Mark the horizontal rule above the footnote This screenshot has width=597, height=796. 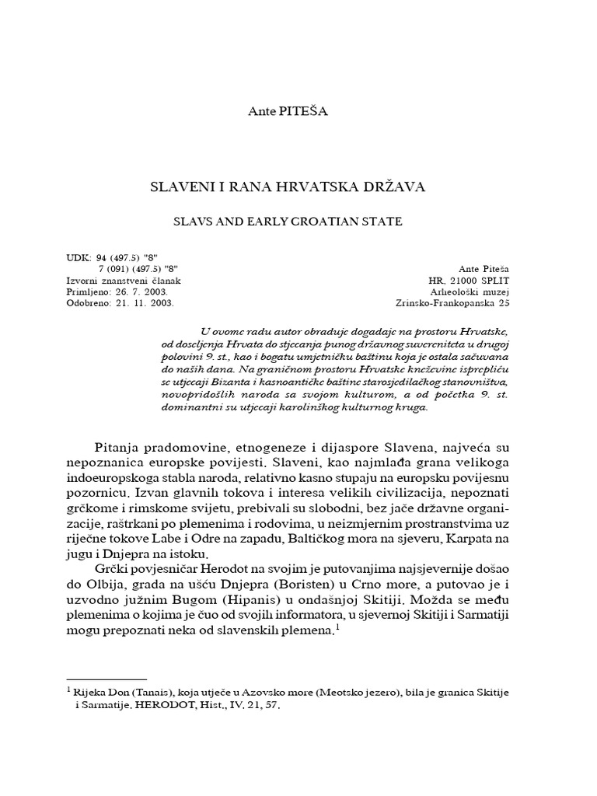pos(107,679)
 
